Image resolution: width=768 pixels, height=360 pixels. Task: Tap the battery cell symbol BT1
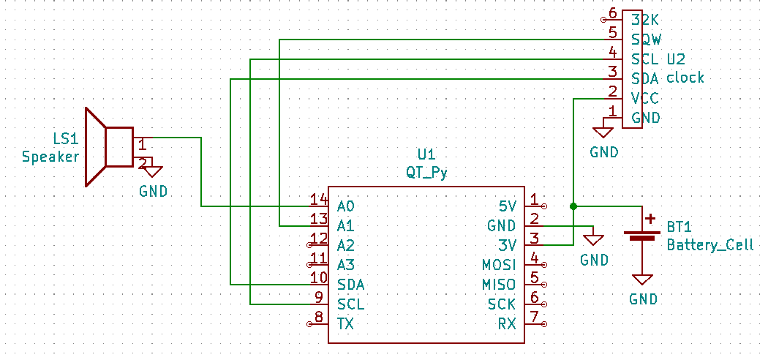point(642,235)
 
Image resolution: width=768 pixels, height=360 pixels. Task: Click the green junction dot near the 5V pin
point(573,206)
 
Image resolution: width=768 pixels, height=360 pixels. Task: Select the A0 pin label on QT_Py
point(345,206)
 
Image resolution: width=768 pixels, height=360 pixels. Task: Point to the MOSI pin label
point(499,265)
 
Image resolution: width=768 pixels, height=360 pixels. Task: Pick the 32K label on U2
point(644,20)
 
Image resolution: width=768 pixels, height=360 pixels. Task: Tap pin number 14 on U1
point(318,200)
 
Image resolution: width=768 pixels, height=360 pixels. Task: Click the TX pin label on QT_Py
point(345,323)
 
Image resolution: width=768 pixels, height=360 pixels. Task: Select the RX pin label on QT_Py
point(507,323)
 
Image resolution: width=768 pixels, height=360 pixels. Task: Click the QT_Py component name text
point(426,173)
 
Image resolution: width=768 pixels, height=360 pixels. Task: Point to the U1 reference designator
point(426,155)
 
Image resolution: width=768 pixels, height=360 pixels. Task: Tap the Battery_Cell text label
point(710,245)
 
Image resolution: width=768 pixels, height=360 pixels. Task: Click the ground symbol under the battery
point(642,280)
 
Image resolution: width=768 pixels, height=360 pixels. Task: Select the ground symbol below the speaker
point(154,171)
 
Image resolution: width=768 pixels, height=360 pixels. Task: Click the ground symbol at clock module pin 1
point(603,132)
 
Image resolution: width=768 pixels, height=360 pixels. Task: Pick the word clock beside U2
point(685,78)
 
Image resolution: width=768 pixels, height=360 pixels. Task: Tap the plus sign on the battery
point(650,218)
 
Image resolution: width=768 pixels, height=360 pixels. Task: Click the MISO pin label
point(499,285)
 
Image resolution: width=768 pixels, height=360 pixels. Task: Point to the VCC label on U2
point(644,99)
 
